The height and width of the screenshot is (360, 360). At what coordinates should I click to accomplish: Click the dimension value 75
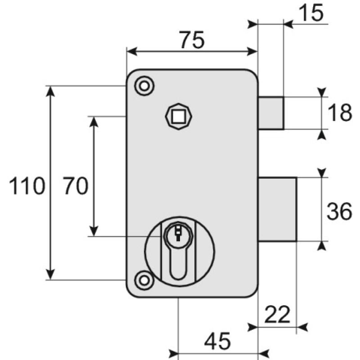tap(192, 40)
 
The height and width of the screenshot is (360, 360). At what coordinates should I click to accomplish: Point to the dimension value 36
tap(339, 211)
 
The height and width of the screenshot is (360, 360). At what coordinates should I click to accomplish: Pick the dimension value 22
tap(277, 315)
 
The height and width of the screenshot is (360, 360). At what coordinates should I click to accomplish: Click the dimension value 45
tap(217, 341)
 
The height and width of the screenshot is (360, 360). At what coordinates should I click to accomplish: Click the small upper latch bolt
tap(271, 113)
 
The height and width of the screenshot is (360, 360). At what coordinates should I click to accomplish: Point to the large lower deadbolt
tap(277, 209)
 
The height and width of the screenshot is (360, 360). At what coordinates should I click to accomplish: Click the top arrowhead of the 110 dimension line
tap(50, 90)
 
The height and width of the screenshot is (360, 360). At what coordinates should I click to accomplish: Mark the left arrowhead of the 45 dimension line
tap(174, 352)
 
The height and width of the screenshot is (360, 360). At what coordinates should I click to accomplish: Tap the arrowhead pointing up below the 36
tap(322, 246)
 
